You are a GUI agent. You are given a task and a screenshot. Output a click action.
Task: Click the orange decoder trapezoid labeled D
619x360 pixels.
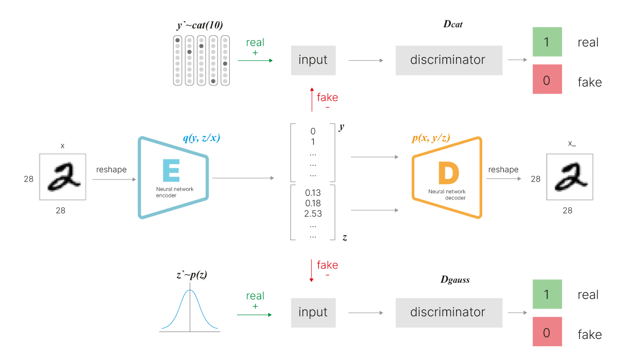[x=447, y=177]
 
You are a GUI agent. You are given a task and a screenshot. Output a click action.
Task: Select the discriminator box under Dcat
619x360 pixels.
[x=448, y=60]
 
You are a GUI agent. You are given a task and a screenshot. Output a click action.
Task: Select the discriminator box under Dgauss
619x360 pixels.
[x=448, y=312]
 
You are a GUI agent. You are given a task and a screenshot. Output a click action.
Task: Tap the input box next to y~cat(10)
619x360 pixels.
[x=313, y=60]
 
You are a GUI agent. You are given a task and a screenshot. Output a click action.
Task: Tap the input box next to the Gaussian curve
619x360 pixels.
[x=313, y=312]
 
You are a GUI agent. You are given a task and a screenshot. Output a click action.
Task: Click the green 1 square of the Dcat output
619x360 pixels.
[x=547, y=42]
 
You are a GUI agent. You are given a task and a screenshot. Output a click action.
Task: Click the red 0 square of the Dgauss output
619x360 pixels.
[x=547, y=333]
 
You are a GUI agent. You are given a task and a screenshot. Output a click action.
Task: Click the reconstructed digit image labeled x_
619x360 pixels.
[x=570, y=177]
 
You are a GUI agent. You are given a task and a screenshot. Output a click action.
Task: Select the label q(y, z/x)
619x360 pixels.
[x=202, y=138]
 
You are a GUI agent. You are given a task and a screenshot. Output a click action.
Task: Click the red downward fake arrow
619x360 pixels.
[x=311, y=270]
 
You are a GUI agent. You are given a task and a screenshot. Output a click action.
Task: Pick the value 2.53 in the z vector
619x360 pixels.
[x=313, y=213]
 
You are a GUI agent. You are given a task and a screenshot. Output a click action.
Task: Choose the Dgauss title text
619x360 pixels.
[x=455, y=280]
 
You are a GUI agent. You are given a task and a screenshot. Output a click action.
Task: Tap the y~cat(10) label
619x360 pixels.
[x=199, y=25]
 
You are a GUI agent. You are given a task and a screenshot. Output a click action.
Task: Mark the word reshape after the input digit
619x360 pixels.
[x=111, y=170]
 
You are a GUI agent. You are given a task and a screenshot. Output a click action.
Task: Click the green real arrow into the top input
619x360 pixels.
[x=255, y=60]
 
